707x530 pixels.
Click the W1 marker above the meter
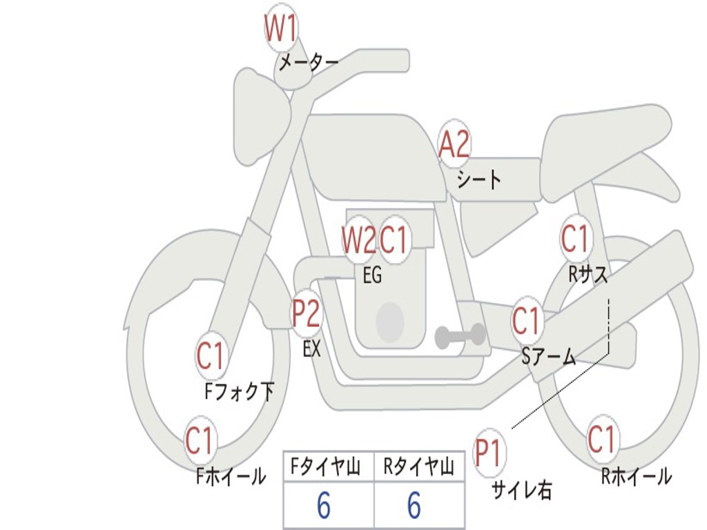click(x=281, y=30)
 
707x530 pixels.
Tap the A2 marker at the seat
click(x=454, y=145)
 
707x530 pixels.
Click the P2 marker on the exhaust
click(x=306, y=314)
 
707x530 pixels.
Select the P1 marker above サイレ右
click(x=490, y=453)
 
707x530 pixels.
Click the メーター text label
click(x=308, y=63)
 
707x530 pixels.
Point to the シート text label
click(x=478, y=180)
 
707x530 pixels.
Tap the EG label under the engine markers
click(x=372, y=276)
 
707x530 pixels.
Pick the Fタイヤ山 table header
click(x=329, y=469)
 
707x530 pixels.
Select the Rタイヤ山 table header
click(x=419, y=469)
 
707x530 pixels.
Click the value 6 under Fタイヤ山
click(x=323, y=506)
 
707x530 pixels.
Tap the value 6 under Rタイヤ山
click(x=414, y=506)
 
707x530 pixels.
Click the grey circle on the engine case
click(x=389, y=322)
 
